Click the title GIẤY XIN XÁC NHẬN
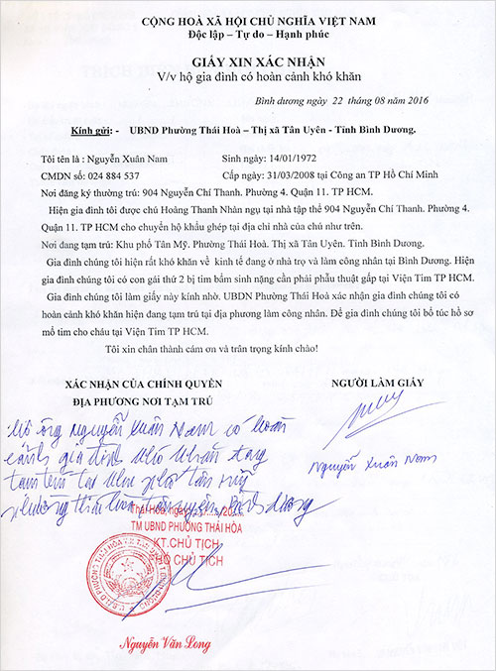click(x=247, y=60)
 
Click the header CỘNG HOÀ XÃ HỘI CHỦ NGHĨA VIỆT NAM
click(x=247, y=21)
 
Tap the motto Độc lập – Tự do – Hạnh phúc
click(x=247, y=36)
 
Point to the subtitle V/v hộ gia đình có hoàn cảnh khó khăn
click(x=247, y=75)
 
